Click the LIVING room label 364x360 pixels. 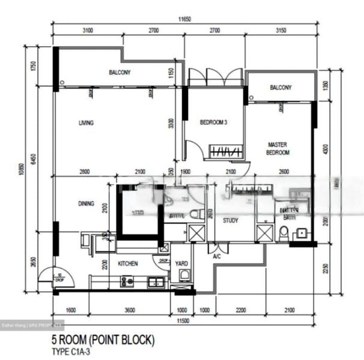point(86,123)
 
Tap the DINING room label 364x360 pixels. point(86,203)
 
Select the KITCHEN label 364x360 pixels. point(128,263)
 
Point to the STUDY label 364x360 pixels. point(230,220)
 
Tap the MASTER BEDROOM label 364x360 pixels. point(279,149)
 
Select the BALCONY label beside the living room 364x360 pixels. point(120,73)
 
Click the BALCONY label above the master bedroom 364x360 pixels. point(281,88)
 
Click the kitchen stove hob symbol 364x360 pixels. point(127,281)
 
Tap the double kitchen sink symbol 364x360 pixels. point(156,281)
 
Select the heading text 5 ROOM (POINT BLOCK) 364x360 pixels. point(103,340)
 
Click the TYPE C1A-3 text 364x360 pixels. point(75,352)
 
